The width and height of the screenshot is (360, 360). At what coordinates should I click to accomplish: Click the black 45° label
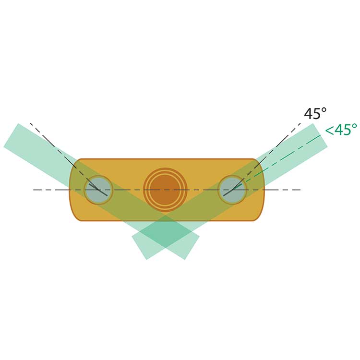pos(315,113)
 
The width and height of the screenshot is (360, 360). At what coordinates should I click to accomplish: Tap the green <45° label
pos(341,130)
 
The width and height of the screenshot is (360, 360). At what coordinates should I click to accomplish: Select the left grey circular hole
pos(98,190)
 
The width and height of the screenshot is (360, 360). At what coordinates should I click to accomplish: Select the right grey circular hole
pos(232,190)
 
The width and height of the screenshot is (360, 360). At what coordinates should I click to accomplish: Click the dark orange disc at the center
pos(165,190)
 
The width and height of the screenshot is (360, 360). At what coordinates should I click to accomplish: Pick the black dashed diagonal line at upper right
pos(266,156)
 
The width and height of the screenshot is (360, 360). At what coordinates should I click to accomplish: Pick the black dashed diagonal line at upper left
pos(64,156)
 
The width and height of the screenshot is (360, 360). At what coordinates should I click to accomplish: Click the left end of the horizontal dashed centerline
pos(34,190)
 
